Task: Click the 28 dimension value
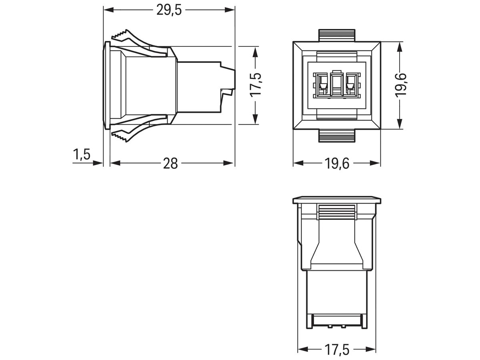click(170, 163)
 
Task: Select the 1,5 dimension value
click(82, 154)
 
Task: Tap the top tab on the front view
click(336, 35)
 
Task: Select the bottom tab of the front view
click(336, 136)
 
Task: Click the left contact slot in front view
click(321, 84)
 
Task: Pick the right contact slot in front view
click(352, 84)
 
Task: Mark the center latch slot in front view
click(336, 84)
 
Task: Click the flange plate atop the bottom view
click(336, 200)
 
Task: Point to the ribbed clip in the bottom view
click(336, 212)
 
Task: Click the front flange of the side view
click(106, 85)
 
